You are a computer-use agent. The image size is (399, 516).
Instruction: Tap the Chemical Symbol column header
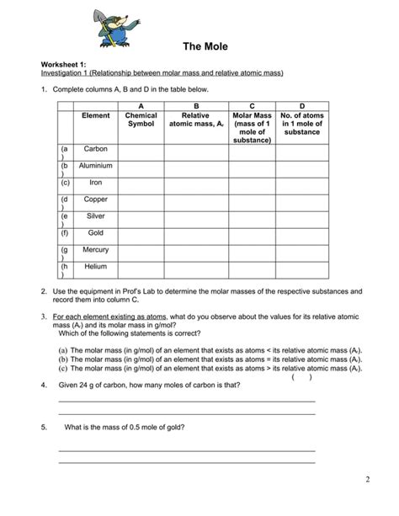pyautogui.click(x=141, y=120)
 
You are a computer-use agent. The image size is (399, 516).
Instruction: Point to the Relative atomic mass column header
pyautogui.click(x=196, y=120)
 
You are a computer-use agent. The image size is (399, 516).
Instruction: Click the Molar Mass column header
pyautogui.click(x=252, y=125)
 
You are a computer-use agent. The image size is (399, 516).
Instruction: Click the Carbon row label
pyautogui.click(x=96, y=149)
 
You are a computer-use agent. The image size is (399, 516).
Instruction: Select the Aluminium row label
pyautogui.click(x=96, y=166)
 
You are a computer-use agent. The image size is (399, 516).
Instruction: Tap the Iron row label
pyautogui.click(x=96, y=182)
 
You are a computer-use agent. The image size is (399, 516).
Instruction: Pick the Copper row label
pyautogui.click(x=96, y=199)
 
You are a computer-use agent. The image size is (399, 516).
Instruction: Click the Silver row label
pyautogui.click(x=96, y=216)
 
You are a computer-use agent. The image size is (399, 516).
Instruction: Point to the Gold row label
pyautogui.click(x=96, y=232)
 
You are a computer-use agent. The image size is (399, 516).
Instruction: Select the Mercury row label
pyautogui.click(x=96, y=250)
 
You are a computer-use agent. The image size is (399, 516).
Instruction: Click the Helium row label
pyautogui.click(x=96, y=267)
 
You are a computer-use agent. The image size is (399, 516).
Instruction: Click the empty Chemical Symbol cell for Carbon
pyautogui.click(x=141, y=152)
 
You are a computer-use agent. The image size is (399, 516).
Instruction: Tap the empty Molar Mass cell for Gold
pyautogui.click(x=252, y=234)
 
